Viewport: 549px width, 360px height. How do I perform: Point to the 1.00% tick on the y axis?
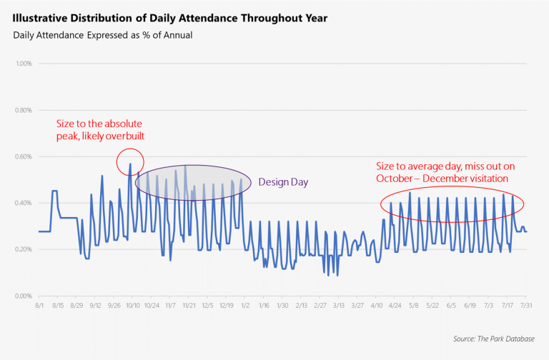click(23, 64)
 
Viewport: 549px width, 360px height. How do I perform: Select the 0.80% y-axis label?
click(23, 110)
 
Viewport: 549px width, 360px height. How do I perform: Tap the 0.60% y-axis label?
click(23, 156)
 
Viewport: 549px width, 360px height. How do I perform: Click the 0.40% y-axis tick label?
click(23, 203)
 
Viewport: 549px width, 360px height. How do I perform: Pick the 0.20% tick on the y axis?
click(23, 249)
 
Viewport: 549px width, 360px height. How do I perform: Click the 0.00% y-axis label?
click(23, 296)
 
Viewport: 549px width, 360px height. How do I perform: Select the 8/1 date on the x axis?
click(39, 305)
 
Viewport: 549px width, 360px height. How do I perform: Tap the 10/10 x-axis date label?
click(133, 305)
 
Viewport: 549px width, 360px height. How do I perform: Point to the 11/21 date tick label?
click(189, 305)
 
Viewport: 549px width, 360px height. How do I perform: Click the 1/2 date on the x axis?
click(245, 305)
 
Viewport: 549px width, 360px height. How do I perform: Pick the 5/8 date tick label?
click(414, 305)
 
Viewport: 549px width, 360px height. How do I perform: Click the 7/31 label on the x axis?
click(526, 305)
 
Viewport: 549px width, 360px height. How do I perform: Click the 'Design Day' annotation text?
click(283, 182)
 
